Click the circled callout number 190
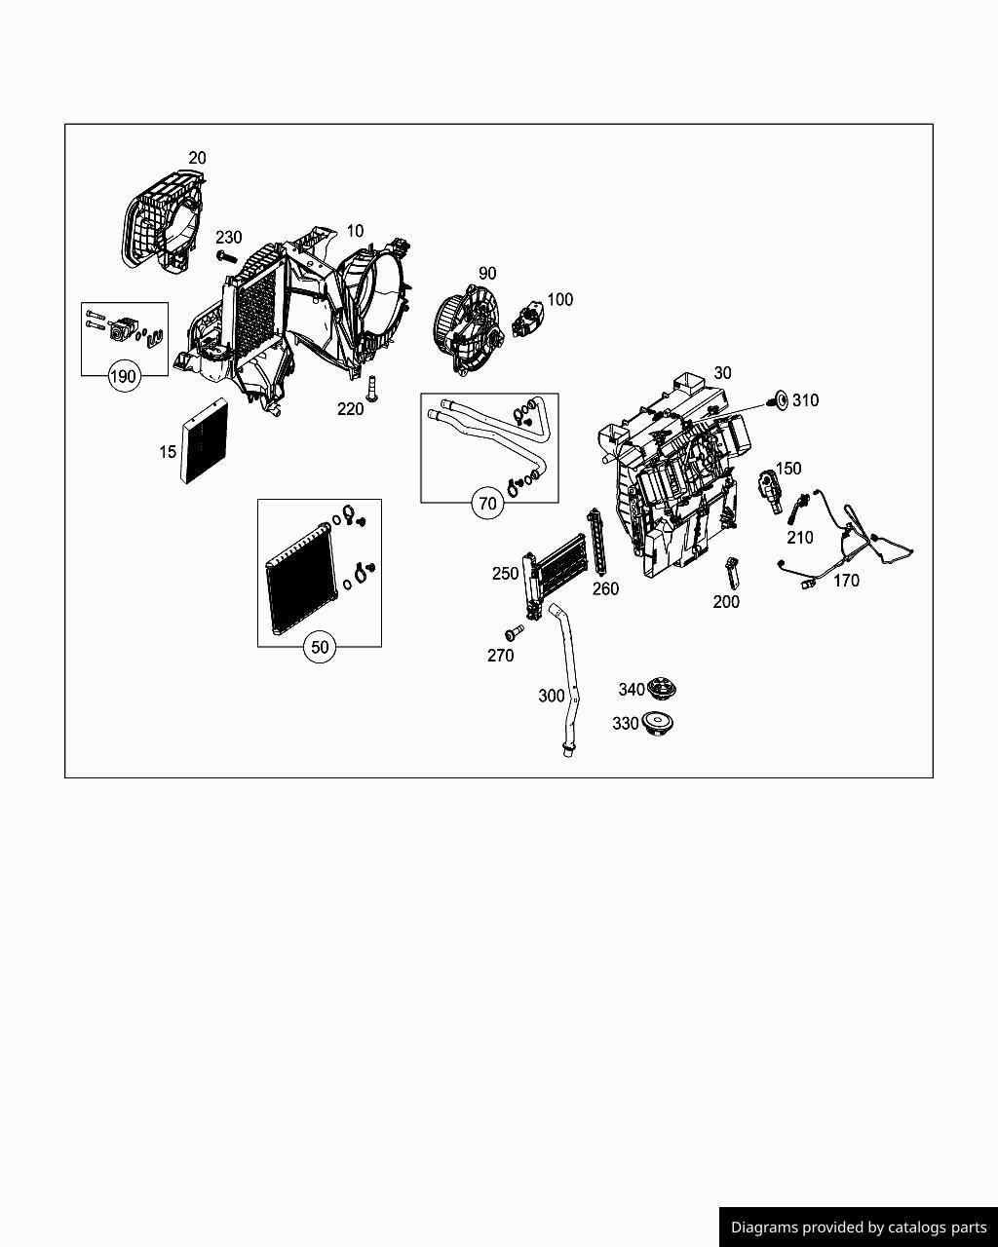pyautogui.click(x=124, y=377)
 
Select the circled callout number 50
pyautogui.click(x=320, y=647)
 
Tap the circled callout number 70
pyautogui.click(x=488, y=504)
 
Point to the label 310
pyautogui.click(x=805, y=400)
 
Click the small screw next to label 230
pyautogui.click(x=225, y=256)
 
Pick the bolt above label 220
pyautogui.click(x=371, y=386)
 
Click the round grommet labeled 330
pyautogui.click(x=659, y=724)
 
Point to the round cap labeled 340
pyautogui.click(x=662, y=691)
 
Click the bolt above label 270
pyautogui.click(x=513, y=634)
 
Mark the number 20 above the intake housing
pyautogui.click(x=197, y=158)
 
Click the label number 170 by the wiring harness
pyautogui.click(x=846, y=581)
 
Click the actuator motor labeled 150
pyautogui.click(x=771, y=488)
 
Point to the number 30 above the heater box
pyautogui.click(x=722, y=373)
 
